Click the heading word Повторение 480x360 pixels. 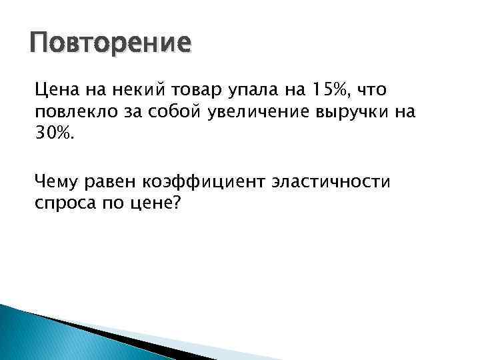110,43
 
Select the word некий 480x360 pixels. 132,89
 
